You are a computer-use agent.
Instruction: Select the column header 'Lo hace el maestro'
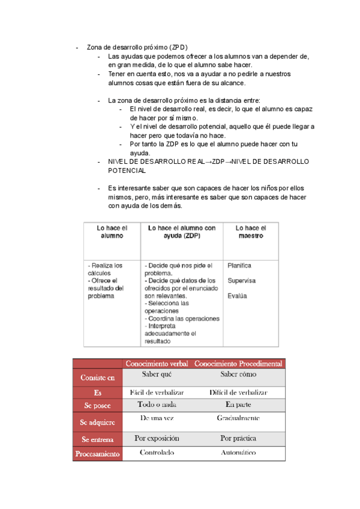pos(250,232)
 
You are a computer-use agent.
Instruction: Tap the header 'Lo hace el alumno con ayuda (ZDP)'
pos(182,232)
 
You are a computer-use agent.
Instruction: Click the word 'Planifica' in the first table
pos(239,265)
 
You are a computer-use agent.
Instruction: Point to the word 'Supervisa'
pos(241,280)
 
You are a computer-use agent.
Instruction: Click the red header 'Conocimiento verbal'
pos(157,364)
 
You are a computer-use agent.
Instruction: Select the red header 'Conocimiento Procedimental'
pos(238,364)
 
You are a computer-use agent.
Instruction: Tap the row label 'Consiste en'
pos(97,378)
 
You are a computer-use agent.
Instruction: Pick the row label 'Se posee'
pos(97,406)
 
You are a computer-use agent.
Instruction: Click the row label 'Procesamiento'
pos(97,454)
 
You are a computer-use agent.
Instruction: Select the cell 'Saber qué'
pos(157,375)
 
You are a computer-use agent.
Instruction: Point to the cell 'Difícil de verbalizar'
pos(238,392)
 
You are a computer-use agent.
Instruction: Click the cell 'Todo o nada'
pos(157,405)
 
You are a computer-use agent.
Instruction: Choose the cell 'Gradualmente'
pos(238,418)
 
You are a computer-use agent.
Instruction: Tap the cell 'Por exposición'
pos(157,438)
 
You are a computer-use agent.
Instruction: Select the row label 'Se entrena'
pos(97,439)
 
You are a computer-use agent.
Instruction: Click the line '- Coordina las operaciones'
pos(182,319)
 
